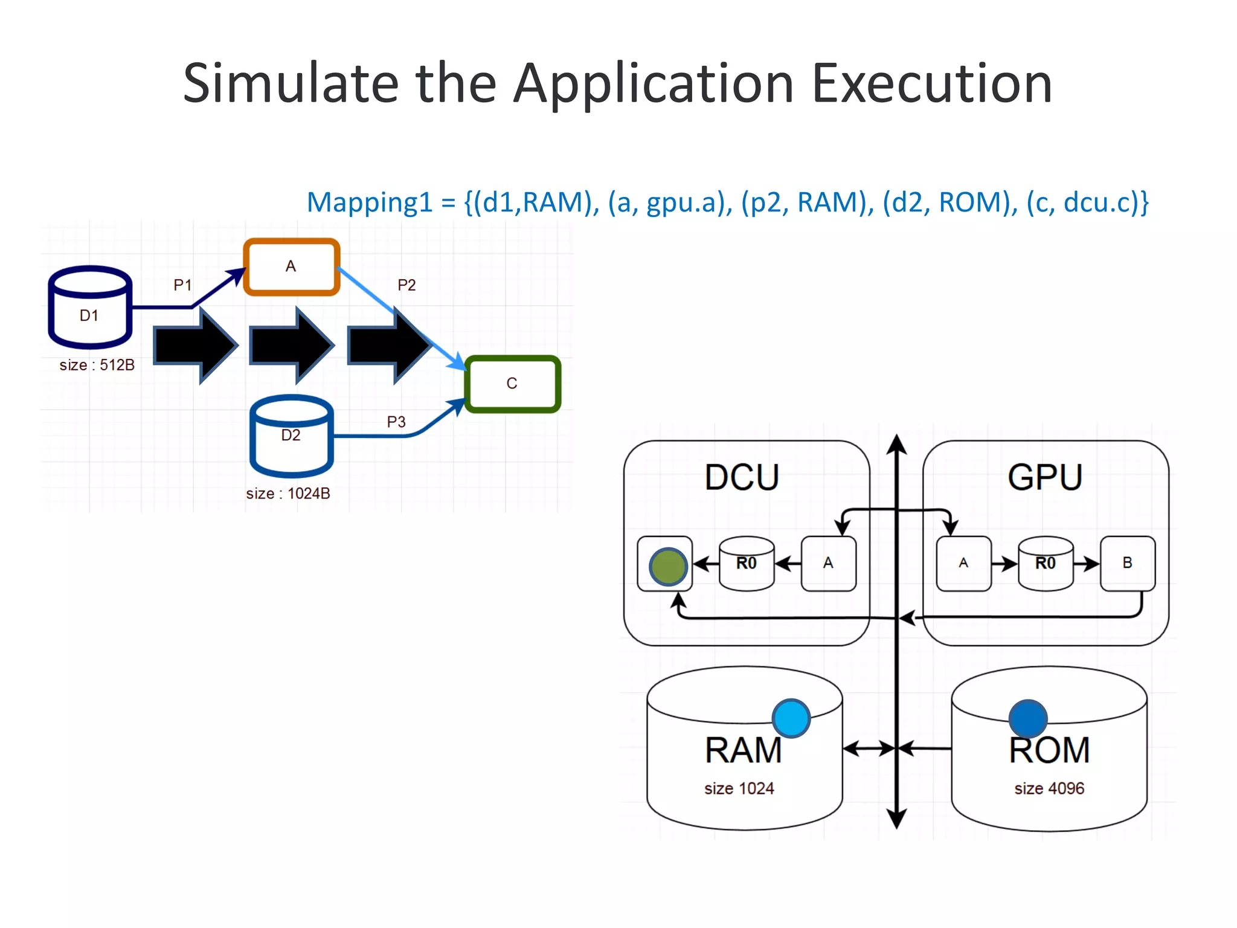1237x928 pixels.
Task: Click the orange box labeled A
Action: coord(291,267)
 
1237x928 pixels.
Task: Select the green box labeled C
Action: coord(512,384)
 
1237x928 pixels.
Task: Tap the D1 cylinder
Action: coord(89,308)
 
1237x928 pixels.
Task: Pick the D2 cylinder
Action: coord(291,436)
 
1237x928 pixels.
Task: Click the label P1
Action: coord(182,285)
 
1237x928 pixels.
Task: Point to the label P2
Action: coord(406,285)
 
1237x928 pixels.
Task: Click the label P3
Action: coord(396,422)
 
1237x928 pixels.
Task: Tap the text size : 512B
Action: coord(97,365)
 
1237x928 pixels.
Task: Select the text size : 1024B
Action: coord(288,494)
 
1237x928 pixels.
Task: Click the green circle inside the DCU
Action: coord(667,567)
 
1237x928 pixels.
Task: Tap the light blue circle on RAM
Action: coord(791,718)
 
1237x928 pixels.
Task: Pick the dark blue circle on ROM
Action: coord(1027,718)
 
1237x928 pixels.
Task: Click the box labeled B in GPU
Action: coord(1127,563)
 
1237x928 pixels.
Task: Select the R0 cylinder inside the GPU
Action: coord(1046,564)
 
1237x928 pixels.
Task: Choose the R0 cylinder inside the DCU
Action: coord(747,564)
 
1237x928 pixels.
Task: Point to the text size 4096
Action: coord(1049,788)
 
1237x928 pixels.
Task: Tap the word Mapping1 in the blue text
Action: coord(370,202)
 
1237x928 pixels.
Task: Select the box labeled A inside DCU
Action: coord(828,563)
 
